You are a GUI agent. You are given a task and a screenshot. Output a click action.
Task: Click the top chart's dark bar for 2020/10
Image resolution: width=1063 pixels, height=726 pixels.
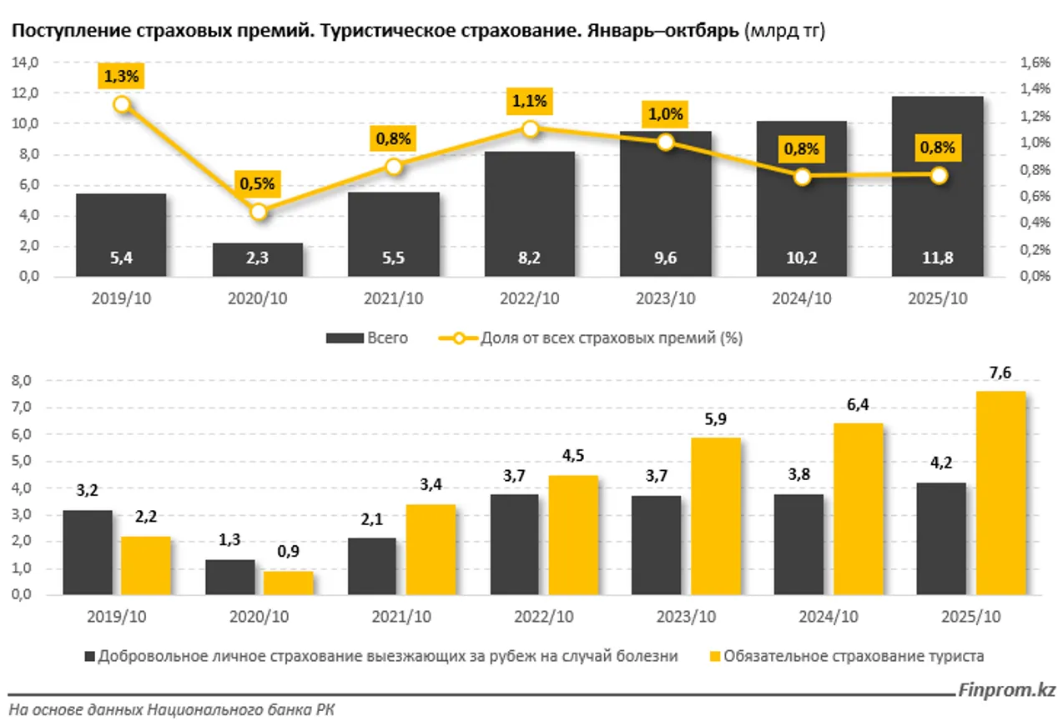tap(257, 259)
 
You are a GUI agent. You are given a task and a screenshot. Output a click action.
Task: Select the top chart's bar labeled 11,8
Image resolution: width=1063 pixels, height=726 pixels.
tap(937, 186)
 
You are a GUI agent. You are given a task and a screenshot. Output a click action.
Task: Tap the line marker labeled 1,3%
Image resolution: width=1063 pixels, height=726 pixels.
tap(122, 104)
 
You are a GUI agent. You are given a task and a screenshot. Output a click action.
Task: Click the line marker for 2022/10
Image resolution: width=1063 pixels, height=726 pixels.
tap(530, 128)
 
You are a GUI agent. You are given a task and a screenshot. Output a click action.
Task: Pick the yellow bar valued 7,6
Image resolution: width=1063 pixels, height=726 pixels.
tap(1000, 492)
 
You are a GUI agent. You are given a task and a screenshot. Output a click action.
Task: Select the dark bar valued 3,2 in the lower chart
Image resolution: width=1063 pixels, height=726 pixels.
tap(87, 552)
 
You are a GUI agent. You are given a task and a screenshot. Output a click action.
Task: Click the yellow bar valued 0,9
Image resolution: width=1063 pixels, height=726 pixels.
tap(289, 583)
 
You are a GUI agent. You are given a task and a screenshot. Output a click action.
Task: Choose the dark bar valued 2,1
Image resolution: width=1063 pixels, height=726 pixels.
tap(371, 566)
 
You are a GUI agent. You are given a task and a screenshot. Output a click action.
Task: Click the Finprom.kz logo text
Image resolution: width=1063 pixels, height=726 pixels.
tap(1006, 691)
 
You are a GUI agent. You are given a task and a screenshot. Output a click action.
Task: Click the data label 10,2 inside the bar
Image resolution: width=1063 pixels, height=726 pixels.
tap(801, 258)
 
